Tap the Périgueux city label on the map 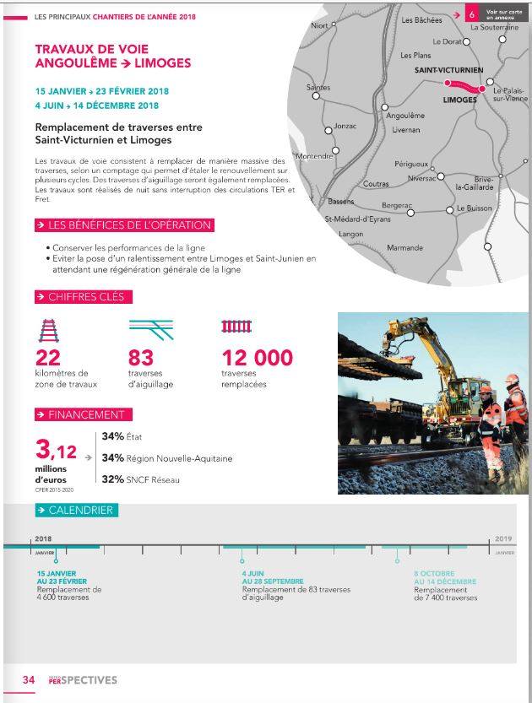411,164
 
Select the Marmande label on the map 404,248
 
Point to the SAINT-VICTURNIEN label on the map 449,70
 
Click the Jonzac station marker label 345,126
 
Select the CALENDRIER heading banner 74,510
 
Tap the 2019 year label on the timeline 503,538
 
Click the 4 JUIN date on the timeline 252,574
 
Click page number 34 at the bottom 28,679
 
